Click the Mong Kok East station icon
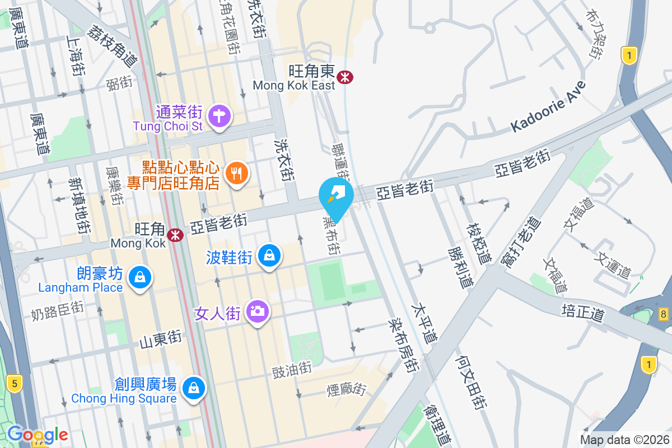point(345,77)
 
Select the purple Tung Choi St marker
point(219,116)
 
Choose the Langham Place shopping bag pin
point(139,277)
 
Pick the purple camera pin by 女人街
point(258,311)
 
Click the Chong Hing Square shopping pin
point(194,388)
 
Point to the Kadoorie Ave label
point(548,108)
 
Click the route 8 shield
point(664,314)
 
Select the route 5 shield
point(14,384)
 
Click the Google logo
point(38,435)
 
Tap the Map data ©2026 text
point(624,440)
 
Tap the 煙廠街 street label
point(347,388)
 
